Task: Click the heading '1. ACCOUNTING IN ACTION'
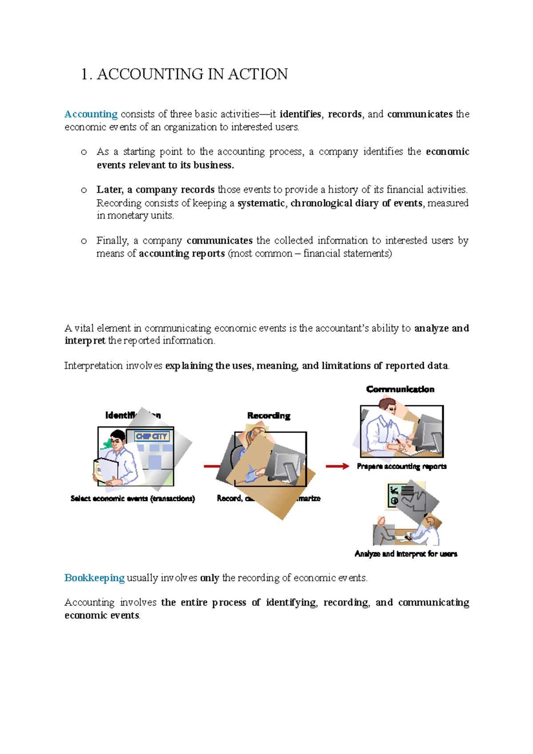click(184, 74)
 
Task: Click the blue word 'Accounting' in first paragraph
click(91, 114)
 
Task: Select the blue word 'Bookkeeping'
click(94, 578)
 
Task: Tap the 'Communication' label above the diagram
click(400, 389)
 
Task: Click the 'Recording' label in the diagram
click(269, 416)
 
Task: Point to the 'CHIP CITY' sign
click(151, 437)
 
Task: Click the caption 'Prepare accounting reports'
click(402, 466)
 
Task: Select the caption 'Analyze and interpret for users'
click(406, 554)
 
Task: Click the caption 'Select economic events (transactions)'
click(132, 499)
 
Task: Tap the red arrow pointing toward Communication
click(337, 466)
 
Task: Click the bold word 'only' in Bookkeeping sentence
click(210, 578)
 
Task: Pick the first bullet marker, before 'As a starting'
click(84, 152)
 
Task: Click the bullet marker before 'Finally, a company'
click(84, 241)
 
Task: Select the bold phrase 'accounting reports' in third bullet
click(182, 254)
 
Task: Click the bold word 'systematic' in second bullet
click(261, 203)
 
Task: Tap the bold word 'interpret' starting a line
click(85, 341)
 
